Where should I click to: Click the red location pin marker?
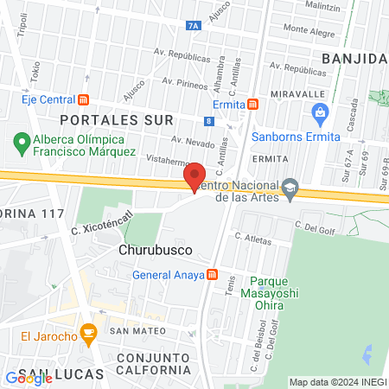(x=194, y=177)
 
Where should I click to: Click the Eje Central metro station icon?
(x=83, y=99)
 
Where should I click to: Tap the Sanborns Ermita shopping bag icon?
(x=320, y=112)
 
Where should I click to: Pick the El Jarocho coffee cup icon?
(x=86, y=332)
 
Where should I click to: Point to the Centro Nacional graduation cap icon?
(x=290, y=187)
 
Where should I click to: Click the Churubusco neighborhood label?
(x=154, y=250)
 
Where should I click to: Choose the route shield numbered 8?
(x=210, y=122)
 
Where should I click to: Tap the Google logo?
(x=29, y=378)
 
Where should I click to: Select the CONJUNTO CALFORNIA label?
(x=152, y=364)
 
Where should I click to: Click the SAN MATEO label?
(x=131, y=330)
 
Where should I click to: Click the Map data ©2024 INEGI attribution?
(x=337, y=382)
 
